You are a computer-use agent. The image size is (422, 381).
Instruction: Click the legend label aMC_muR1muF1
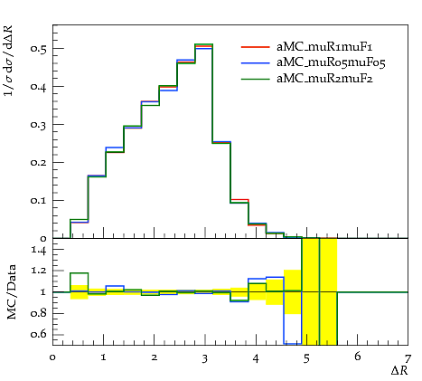pyautogui.click(x=324, y=47)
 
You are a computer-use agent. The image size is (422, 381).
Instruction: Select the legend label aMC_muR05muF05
pyautogui.click(x=331, y=62)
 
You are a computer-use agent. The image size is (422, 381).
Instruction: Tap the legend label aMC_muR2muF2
pyautogui.click(x=324, y=79)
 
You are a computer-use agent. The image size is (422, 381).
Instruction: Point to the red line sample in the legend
pyautogui.click(x=255, y=47)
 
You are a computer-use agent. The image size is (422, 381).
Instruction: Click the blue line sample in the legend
pyautogui.click(x=255, y=62)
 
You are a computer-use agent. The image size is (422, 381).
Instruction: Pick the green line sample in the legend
pyautogui.click(x=255, y=79)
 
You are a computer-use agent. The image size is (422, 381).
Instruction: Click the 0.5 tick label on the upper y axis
pyautogui.click(x=38, y=49)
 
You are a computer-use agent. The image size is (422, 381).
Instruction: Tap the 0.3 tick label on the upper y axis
pyautogui.click(x=38, y=125)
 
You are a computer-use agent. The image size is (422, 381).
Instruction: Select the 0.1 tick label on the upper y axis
pyautogui.click(x=38, y=201)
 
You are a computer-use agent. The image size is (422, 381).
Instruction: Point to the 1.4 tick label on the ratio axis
pyautogui.click(x=39, y=251)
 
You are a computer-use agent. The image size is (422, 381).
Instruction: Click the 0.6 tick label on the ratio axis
pyautogui.click(x=38, y=334)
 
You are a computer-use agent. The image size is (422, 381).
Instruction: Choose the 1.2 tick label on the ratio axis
pyautogui.click(x=39, y=271)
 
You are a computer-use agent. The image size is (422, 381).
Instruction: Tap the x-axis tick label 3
pyautogui.click(x=205, y=359)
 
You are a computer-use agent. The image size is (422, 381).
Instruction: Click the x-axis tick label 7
pyautogui.click(x=408, y=359)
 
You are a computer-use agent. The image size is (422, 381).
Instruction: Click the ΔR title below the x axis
pyautogui.click(x=399, y=371)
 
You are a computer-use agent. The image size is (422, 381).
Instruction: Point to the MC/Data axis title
pyautogui.click(x=12, y=292)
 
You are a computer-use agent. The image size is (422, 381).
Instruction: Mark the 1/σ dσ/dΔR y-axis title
pyautogui.click(x=8, y=61)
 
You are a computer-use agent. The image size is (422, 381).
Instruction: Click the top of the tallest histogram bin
pyautogui.click(x=204, y=44)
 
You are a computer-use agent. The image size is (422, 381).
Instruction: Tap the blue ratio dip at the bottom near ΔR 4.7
pyautogui.click(x=293, y=343)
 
